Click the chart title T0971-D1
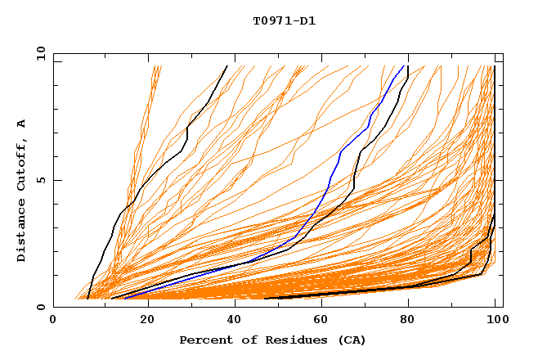284,20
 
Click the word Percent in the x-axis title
204,340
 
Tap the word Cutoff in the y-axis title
22,164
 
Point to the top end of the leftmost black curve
227,65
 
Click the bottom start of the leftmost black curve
87,298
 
